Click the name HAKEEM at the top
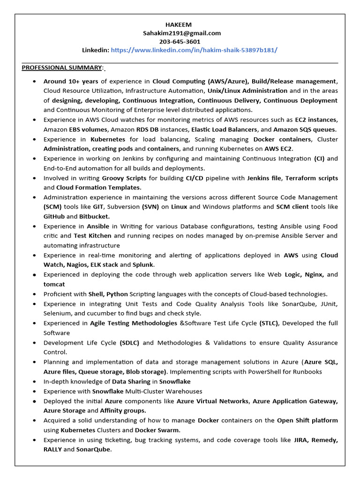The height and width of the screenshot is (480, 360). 179,24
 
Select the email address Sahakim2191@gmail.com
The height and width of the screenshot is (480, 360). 182,33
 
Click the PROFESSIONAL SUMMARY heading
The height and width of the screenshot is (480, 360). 62,67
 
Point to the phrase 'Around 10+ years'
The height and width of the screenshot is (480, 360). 71,81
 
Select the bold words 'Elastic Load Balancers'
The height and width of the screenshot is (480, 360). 224,129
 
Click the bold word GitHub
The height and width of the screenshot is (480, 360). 54,217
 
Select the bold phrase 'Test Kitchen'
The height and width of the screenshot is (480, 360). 93,236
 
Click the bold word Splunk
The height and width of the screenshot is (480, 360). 143,265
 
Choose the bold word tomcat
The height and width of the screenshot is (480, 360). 54,284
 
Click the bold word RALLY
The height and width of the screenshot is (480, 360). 52,449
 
